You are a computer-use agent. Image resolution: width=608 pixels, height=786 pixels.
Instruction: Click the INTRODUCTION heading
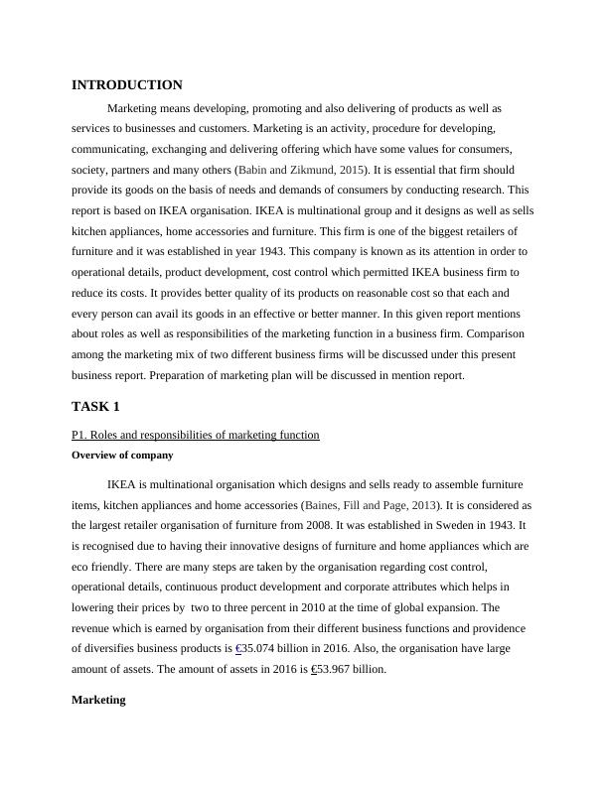coord(127,85)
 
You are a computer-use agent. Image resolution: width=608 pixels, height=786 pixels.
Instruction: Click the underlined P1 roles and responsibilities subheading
coord(196,435)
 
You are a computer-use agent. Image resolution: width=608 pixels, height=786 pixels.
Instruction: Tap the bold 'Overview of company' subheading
coord(123,455)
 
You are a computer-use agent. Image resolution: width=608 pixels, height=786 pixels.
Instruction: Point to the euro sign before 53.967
coord(314,669)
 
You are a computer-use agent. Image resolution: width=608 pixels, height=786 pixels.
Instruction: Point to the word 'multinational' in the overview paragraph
coord(189,484)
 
